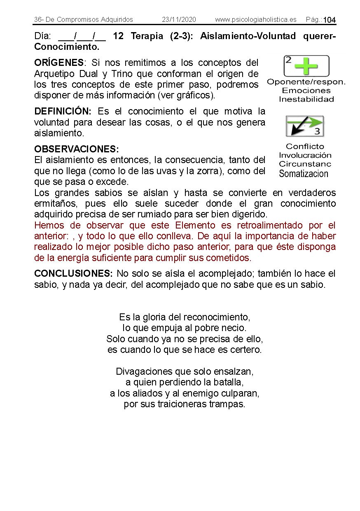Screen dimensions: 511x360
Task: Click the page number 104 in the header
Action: click(x=330, y=20)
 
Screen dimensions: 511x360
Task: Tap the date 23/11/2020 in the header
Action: click(x=179, y=19)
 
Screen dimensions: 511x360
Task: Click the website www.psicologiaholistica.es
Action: click(x=255, y=19)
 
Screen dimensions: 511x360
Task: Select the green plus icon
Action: click(x=306, y=66)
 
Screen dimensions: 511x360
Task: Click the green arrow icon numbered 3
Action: click(x=305, y=126)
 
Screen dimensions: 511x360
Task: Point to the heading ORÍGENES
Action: click(x=59, y=63)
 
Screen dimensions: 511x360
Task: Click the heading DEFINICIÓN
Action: click(x=63, y=112)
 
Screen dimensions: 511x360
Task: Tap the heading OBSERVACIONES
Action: click(x=76, y=149)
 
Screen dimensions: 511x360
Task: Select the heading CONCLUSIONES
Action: click(x=73, y=273)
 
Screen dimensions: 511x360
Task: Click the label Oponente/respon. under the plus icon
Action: click(x=306, y=82)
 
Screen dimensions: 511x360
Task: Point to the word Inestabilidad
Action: click(x=306, y=99)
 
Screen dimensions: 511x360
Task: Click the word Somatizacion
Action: click(x=304, y=174)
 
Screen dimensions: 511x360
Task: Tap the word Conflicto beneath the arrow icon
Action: click(x=305, y=146)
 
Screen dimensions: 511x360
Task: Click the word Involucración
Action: click(x=305, y=155)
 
